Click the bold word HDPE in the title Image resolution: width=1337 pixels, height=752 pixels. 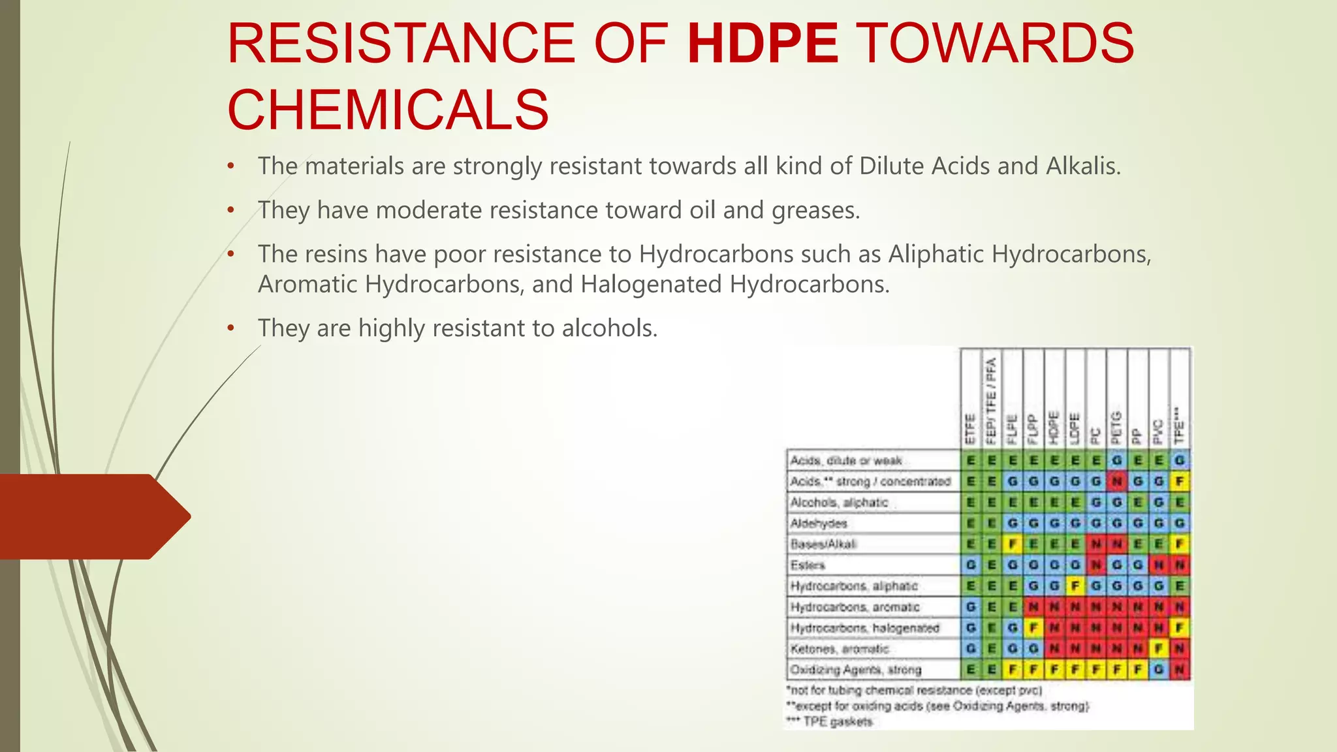click(763, 43)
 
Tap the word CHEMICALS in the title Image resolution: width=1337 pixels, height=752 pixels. click(388, 110)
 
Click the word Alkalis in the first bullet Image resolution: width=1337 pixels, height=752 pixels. click(1083, 166)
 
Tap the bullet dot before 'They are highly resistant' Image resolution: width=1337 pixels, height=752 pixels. click(230, 328)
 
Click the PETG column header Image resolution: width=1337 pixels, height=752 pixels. click(1116, 424)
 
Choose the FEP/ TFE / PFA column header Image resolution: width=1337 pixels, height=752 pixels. click(991, 399)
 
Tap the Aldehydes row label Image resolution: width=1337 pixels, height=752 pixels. click(819, 524)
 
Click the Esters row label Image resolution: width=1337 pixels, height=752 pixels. click(808, 565)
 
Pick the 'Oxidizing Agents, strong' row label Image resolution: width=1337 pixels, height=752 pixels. click(855, 670)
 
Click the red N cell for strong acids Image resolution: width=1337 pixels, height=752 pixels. click(1116, 482)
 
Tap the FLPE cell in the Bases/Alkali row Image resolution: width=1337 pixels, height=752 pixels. click(1013, 544)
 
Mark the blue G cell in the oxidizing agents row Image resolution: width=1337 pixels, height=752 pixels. click(1159, 670)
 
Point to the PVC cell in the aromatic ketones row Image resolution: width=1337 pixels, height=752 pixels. click(1159, 649)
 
